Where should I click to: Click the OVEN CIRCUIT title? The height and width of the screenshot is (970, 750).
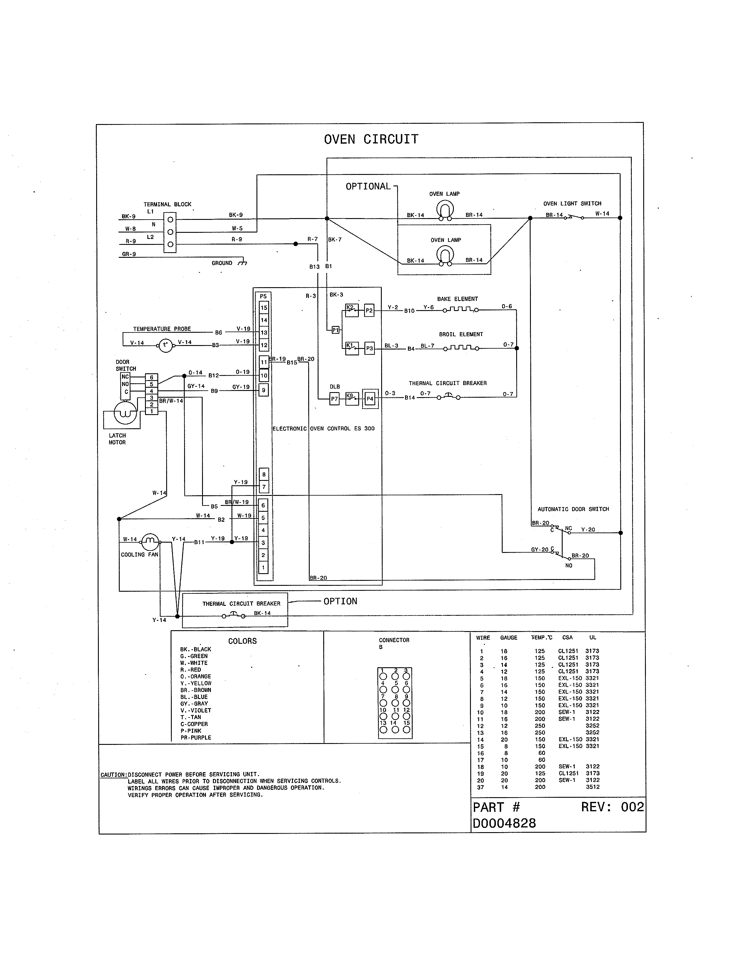coord(371,139)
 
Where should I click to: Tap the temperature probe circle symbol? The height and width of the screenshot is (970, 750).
coord(165,345)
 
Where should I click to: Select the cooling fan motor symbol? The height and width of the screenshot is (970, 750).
coord(150,541)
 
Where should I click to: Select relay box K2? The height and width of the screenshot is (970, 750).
coord(351,310)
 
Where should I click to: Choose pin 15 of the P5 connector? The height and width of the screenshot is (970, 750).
coord(264,307)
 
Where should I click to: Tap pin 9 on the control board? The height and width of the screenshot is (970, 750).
coord(264,390)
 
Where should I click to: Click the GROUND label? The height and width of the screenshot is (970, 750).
coord(222,263)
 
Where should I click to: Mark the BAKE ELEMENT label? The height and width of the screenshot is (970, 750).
coord(457,299)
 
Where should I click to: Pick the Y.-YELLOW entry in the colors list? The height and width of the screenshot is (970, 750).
coord(196,683)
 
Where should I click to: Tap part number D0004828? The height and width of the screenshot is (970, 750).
coord(504,823)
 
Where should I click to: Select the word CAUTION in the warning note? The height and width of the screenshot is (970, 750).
coord(113,775)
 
